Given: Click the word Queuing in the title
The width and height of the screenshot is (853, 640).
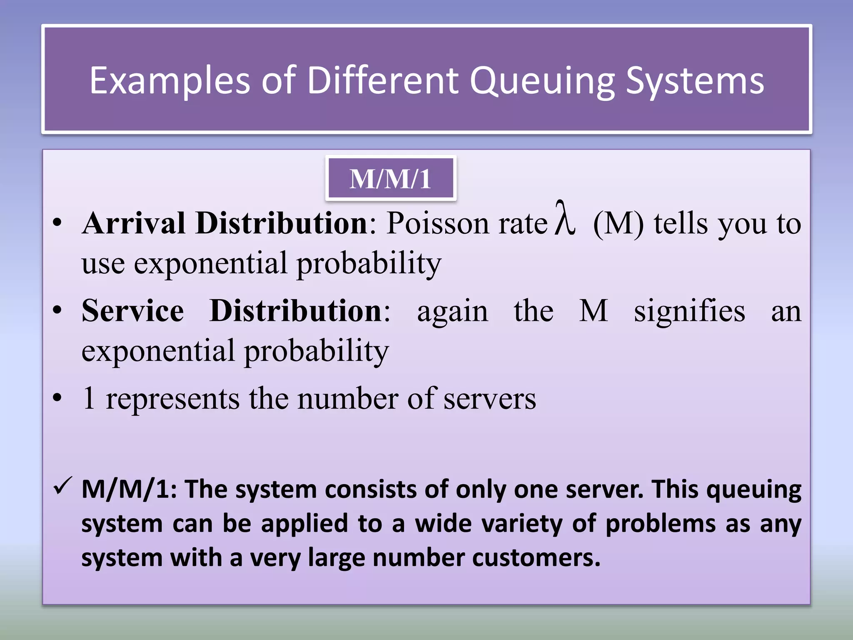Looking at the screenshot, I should pos(542,81).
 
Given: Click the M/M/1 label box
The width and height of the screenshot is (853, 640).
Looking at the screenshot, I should pos(391,179).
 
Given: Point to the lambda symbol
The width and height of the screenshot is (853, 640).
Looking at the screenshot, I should pos(565,218).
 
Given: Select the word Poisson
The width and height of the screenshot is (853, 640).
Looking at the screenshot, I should pos(437,223).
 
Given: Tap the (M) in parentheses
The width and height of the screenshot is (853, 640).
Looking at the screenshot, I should pos(618,224).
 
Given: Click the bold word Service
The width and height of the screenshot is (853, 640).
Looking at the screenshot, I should pos(132,310).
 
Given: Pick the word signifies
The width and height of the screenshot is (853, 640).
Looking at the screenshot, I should pos(689,311).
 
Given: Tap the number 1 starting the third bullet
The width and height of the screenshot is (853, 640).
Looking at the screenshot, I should pos(89,398).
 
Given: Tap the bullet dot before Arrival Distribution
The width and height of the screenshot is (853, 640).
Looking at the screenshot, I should pos(57,223).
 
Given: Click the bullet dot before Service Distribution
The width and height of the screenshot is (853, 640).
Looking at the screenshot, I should pos(57,310).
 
